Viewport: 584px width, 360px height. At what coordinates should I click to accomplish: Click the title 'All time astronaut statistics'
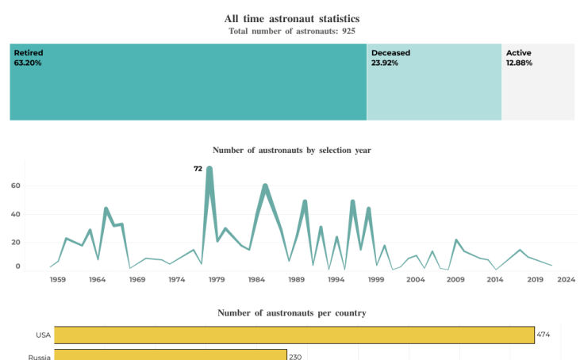[291, 18]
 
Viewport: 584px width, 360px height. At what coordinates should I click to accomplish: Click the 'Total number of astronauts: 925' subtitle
[291, 31]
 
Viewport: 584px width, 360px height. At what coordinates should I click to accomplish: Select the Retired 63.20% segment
[188, 82]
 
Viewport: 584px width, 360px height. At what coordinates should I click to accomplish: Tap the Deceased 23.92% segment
[434, 82]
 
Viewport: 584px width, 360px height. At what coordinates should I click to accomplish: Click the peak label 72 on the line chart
[198, 168]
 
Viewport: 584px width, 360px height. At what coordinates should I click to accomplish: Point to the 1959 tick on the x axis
[58, 279]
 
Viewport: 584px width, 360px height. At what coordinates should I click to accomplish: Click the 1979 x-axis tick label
[217, 279]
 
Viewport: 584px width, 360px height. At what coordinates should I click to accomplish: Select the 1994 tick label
[336, 279]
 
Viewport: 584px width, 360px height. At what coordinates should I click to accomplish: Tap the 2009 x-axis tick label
[455, 279]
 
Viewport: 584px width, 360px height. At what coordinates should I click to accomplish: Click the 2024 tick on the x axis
[566, 279]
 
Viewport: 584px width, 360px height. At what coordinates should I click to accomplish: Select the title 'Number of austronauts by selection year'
[291, 150]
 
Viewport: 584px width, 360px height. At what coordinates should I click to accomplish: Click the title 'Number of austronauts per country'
[291, 313]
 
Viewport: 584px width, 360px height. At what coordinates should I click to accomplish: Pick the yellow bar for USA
[294, 335]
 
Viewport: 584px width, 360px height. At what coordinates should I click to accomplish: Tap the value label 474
[544, 335]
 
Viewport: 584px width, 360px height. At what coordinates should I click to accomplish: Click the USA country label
[43, 335]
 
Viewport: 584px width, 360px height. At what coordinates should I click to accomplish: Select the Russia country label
[40, 357]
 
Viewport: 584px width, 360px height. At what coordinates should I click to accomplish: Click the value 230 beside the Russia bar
[295, 357]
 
